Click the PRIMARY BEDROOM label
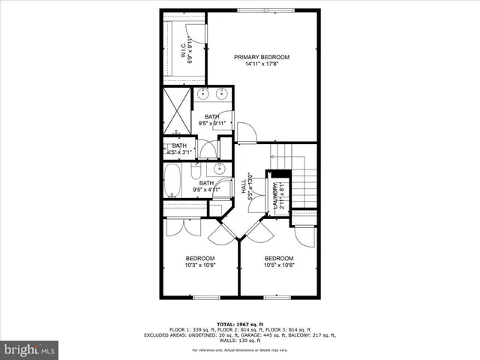[x=261, y=57]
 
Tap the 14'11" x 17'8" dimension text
[x=261, y=64]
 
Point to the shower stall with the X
[x=175, y=109]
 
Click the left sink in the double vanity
[x=204, y=94]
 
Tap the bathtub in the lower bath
[x=172, y=180]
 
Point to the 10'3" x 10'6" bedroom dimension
[x=200, y=265]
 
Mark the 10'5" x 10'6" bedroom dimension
[x=278, y=265]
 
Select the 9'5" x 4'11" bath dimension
[x=206, y=190]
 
